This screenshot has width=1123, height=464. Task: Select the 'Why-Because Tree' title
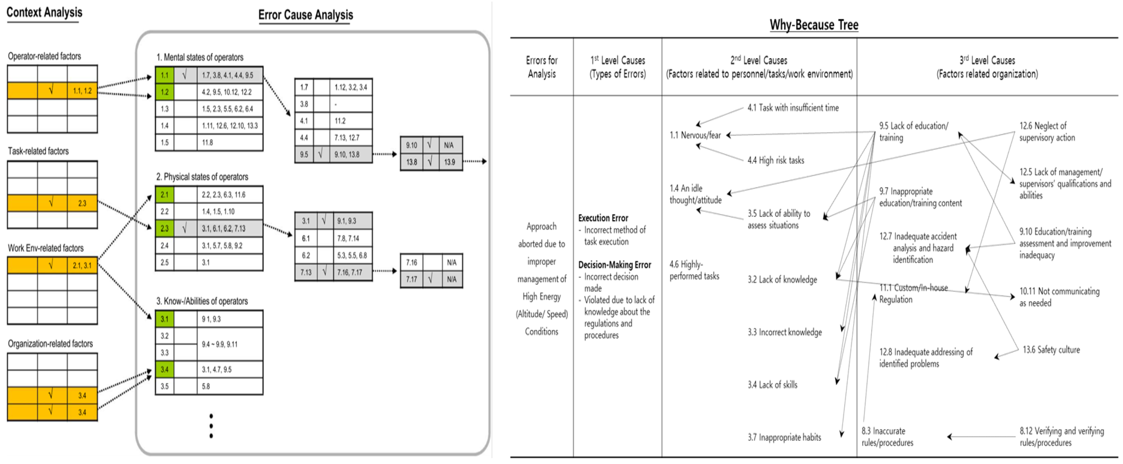coord(813,25)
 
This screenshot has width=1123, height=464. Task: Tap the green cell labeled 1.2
coord(164,92)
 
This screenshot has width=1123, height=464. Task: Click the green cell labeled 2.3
coord(164,228)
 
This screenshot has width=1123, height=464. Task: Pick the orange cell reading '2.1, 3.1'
coord(82,265)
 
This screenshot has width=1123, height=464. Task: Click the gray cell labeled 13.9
coord(450,162)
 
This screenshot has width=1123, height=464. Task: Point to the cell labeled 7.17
coord(411,279)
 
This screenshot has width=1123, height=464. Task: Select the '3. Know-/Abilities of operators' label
coord(202,301)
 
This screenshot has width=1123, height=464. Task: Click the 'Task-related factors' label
coord(38,151)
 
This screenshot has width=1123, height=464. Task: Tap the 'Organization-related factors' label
coord(50,344)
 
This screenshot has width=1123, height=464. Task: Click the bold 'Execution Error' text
coord(603,218)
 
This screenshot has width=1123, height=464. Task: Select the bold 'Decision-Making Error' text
coord(614,265)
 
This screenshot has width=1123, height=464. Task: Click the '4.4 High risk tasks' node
coord(776,160)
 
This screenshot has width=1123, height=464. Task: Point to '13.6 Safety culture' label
coord(1051,350)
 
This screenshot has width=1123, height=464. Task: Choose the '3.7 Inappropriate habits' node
coord(784,437)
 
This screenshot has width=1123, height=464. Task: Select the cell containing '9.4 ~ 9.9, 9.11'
coord(220,344)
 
